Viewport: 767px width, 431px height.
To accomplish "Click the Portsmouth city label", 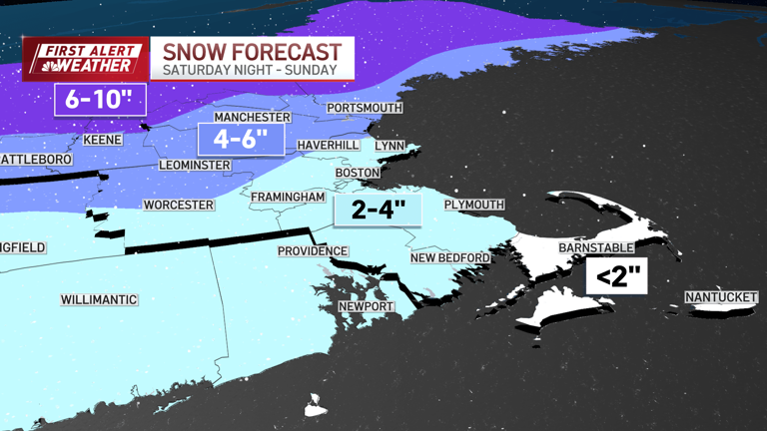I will click(x=365, y=108).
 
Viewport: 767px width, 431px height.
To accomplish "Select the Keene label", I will click(x=102, y=140).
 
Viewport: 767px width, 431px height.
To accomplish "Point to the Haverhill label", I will click(x=328, y=146).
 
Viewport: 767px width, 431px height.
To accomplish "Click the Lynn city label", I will click(x=389, y=146).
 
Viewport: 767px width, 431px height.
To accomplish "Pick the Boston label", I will click(x=358, y=173).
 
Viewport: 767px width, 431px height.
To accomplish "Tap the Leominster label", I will click(x=195, y=165).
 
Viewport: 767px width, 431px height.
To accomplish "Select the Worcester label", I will click(x=179, y=205).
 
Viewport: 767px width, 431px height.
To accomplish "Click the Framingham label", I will click(x=288, y=198).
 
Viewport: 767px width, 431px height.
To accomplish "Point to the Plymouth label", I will click(x=474, y=205).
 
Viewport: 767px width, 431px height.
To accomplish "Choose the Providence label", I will click(x=313, y=251).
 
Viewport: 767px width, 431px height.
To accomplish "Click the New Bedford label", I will click(x=450, y=258).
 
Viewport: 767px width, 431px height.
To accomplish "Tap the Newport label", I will click(x=366, y=306).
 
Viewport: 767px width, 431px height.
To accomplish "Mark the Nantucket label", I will click(x=722, y=297).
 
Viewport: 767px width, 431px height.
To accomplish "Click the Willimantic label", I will click(x=99, y=299).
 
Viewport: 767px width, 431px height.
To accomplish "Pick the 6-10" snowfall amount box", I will click(x=100, y=100).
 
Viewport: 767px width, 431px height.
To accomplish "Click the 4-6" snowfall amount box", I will click(x=242, y=139).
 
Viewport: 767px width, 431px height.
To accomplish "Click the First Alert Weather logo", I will click(x=85, y=59).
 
